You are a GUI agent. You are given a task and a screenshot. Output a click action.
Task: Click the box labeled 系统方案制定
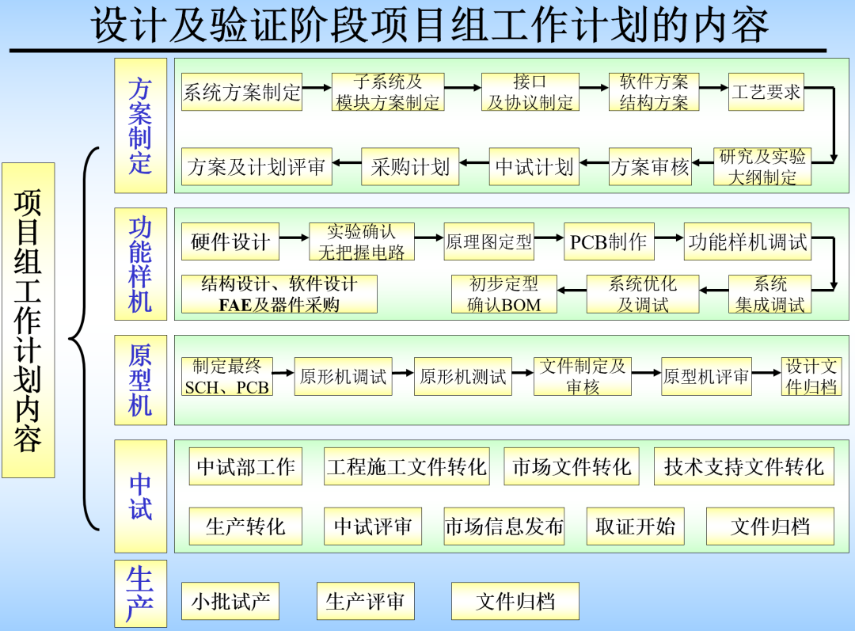[241, 92]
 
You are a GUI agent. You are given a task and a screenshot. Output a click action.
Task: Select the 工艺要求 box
[766, 92]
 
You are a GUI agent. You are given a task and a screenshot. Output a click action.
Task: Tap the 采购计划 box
[409, 167]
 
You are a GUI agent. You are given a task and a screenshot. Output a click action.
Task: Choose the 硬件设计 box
[230, 242]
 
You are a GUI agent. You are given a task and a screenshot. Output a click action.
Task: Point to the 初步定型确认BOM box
[503, 294]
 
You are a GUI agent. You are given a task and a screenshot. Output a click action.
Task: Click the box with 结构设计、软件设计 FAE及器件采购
[279, 294]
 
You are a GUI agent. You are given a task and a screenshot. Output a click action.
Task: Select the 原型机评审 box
[705, 377]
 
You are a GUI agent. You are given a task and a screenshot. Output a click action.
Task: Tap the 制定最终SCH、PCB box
[227, 377]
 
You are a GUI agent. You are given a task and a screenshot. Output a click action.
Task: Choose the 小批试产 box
[230, 602]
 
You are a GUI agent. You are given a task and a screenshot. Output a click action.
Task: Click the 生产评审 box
[365, 602]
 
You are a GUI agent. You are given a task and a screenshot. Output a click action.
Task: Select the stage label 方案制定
[140, 125]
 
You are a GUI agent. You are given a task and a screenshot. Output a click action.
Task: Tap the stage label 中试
[140, 496]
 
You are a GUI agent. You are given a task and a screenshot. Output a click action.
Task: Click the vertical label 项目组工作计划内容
[28, 320]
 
